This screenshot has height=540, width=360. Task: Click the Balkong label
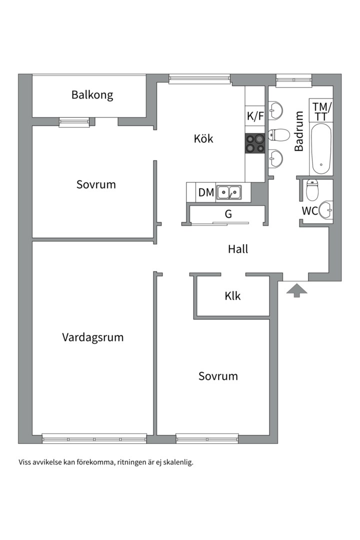(92, 95)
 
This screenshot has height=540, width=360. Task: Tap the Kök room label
(203, 138)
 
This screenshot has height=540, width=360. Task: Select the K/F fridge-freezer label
(255, 116)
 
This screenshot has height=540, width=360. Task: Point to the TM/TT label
(321, 111)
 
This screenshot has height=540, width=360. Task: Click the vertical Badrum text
(299, 131)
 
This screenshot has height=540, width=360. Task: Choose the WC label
(309, 211)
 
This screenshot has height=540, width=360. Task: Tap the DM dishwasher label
(206, 192)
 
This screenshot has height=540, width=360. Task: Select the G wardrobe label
(228, 214)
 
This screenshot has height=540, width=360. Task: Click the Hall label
(238, 249)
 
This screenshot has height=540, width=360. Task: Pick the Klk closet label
(232, 296)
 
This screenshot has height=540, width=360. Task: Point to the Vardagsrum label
(92, 337)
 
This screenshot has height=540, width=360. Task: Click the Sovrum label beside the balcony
(96, 184)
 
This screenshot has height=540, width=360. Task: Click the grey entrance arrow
(296, 290)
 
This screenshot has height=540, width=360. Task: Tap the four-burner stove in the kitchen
(254, 144)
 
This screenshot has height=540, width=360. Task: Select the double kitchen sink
(228, 192)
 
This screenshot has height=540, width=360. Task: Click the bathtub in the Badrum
(320, 149)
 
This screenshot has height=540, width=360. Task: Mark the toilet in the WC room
(312, 189)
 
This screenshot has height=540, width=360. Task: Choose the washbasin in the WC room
(326, 210)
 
